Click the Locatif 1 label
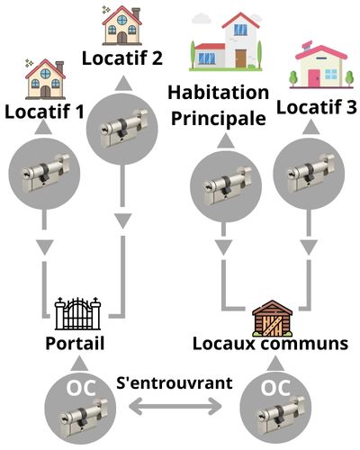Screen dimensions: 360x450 [x=44, y=112]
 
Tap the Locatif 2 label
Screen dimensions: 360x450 [x=122, y=58]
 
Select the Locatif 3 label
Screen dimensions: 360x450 [x=317, y=107]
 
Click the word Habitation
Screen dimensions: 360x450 [x=218, y=93]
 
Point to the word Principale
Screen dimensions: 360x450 [x=219, y=118]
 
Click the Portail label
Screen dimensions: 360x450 [x=75, y=343]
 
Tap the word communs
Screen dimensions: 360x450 [x=304, y=344]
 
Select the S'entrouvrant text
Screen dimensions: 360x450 [x=175, y=382]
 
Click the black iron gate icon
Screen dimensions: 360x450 [x=77, y=313]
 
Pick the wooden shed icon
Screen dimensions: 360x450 [x=272, y=319]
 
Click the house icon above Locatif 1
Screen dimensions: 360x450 [x=45, y=79]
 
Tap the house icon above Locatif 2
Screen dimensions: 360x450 [x=122, y=26]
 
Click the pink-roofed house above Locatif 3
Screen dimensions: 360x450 [x=321, y=65]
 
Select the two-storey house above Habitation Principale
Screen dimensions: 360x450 [x=226, y=41]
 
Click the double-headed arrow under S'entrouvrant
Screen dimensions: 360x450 [x=175, y=407]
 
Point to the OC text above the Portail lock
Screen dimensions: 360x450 [x=81, y=388]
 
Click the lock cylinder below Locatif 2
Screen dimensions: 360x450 [x=123, y=129]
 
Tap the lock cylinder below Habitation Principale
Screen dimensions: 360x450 [x=227, y=186]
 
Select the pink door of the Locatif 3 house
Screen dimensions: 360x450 [x=314, y=77]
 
